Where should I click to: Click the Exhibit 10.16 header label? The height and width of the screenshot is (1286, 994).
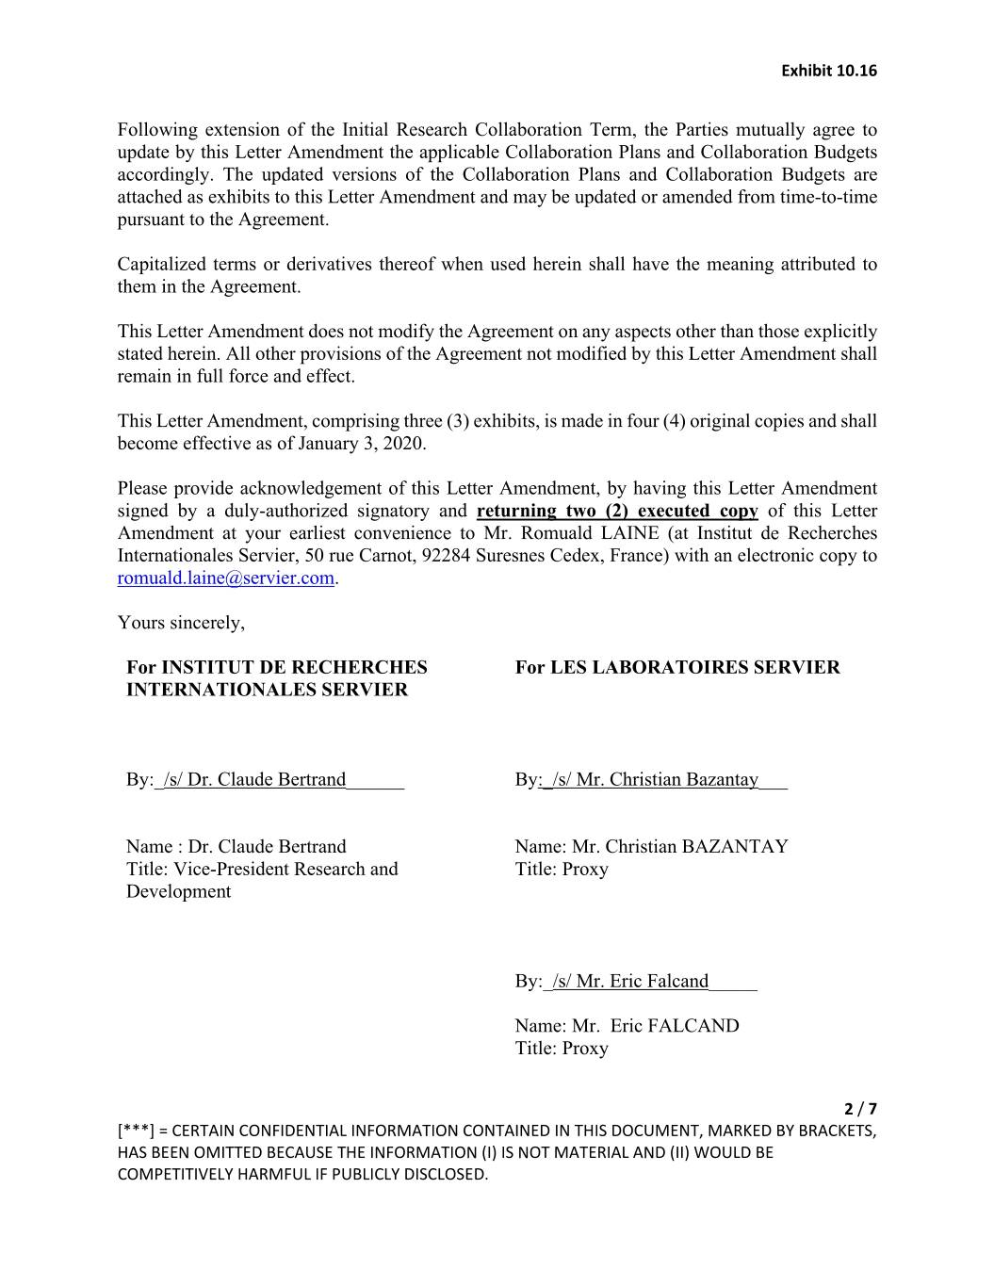tap(829, 71)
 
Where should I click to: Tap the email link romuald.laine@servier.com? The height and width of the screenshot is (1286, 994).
tap(226, 578)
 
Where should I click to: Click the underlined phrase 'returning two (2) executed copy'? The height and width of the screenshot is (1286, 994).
tap(617, 512)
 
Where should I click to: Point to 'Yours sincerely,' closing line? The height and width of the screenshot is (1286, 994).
tap(181, 623)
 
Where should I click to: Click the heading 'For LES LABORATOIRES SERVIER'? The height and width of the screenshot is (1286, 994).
tap(676, 668)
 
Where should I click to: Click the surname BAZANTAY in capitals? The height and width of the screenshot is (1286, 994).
tap(735, 847)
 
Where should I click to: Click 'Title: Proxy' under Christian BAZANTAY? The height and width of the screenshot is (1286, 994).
tap(562, 870)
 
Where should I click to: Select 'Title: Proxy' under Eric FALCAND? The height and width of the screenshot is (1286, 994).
tap(562, 1049)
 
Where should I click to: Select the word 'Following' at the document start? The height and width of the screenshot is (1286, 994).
tap(157, 130)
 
